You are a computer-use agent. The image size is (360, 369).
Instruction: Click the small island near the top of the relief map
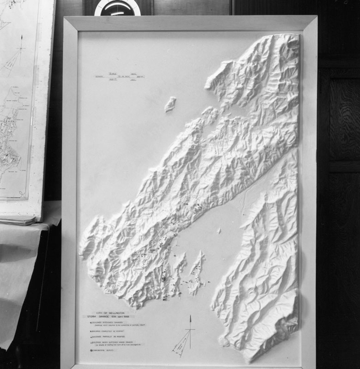coord(170,104)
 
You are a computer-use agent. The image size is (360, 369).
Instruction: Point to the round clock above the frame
coord(117,7)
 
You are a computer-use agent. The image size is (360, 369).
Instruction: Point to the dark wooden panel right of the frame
coord(339,184)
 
